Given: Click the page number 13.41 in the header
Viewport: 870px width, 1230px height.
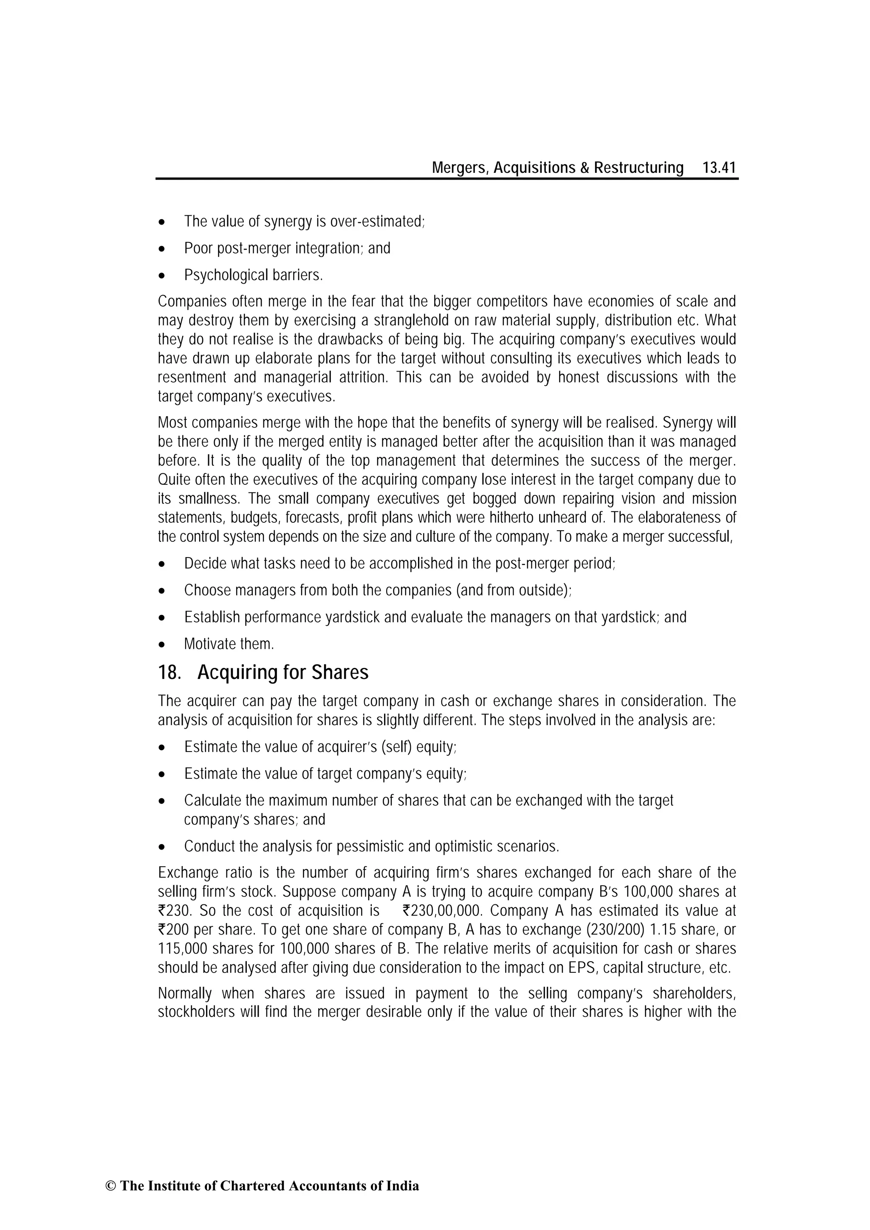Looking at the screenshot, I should click(719, 168).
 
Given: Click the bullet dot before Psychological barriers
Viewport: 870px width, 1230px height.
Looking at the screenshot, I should click(162, 276).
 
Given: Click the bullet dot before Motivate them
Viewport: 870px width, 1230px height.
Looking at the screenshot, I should click(162, 645).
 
